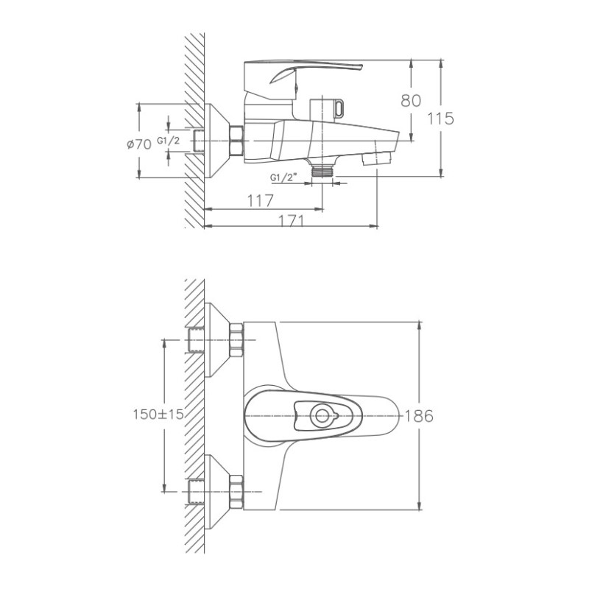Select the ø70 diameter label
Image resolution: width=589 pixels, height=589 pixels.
(x=138, y=144)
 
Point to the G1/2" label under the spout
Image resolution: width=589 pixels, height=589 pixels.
(x=283, y=177)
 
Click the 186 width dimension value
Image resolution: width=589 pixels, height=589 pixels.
(x=419, y=415)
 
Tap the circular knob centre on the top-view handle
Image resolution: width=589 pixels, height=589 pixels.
(x=321, y=415)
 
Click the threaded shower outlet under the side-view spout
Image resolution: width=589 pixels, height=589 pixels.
(x=322, y=170)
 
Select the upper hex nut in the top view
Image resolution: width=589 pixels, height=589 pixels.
(x=236, y=340)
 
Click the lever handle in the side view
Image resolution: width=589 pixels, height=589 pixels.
(x=309, y=73)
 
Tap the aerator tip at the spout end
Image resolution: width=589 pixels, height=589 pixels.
(x=381, y=156)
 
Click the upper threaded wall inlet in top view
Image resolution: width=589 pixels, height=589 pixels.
(x=196, y=340)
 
